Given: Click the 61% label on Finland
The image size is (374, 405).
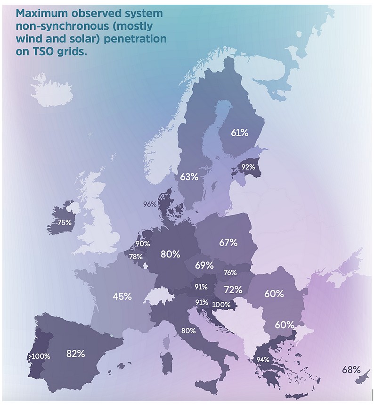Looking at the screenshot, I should pyautogui.click(x=239, y=133).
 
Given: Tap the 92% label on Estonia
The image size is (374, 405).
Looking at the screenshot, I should pyautogui.click(x=248, y=167).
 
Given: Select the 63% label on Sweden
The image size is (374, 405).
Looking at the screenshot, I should pyautogui.click(x=189, y=177).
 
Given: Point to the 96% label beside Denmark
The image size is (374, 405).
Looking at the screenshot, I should pyautogui.click(x=150, y=204).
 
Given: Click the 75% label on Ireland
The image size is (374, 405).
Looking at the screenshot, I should pyautogui.click(x=64, y=223).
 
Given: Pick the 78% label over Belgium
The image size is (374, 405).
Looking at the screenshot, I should pyautogui.click(x=136, y=256).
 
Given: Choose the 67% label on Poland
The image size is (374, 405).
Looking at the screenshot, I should pyautogui.click(x=228, y=243).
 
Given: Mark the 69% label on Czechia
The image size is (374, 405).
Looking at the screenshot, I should pyautogui.click(x=204, y=265).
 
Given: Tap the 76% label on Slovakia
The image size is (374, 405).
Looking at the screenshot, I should pyautogui.click(x=230, y=273).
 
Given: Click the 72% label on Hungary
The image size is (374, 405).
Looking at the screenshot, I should pyautogui.click(x=233, y=289).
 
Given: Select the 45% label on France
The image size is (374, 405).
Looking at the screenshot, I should pyautogui.click(x=122, y=297).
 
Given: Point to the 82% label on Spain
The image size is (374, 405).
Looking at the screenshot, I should pyautogui.click(x=75, y=354).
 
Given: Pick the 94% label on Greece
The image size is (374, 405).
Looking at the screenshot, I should pyautogui.click(x=263, y=360).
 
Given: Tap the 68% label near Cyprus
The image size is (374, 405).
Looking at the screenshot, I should pyautogui.click(x=351, y=370).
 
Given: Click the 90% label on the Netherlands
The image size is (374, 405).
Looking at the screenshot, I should pyautogui.click(x=143, y=244).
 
